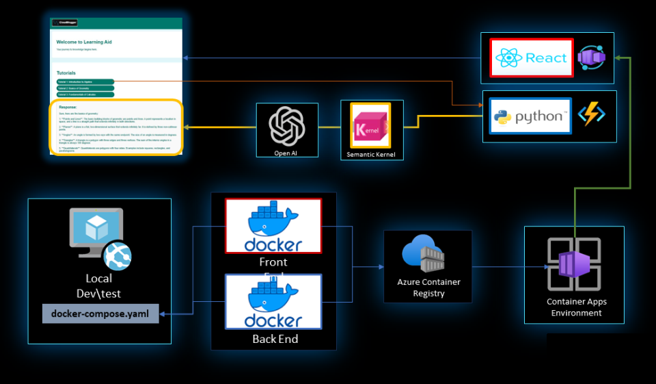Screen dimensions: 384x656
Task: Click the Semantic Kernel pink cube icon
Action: (370, 125)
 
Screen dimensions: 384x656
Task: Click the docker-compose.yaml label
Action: (100, 313)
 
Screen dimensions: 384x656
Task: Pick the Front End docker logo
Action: (273, 227)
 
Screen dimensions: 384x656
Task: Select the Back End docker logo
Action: (273, 302)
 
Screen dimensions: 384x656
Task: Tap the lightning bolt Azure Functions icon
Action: (591, 115)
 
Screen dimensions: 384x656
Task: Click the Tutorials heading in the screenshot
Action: (66, 73)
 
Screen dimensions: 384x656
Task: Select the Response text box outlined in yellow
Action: (116, 127)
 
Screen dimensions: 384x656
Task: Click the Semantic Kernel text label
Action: (371, 155)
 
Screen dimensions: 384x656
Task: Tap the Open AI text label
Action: (286, 153)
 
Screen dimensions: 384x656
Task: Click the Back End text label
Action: (273, 338)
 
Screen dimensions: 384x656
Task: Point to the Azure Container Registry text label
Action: (428, 287)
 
